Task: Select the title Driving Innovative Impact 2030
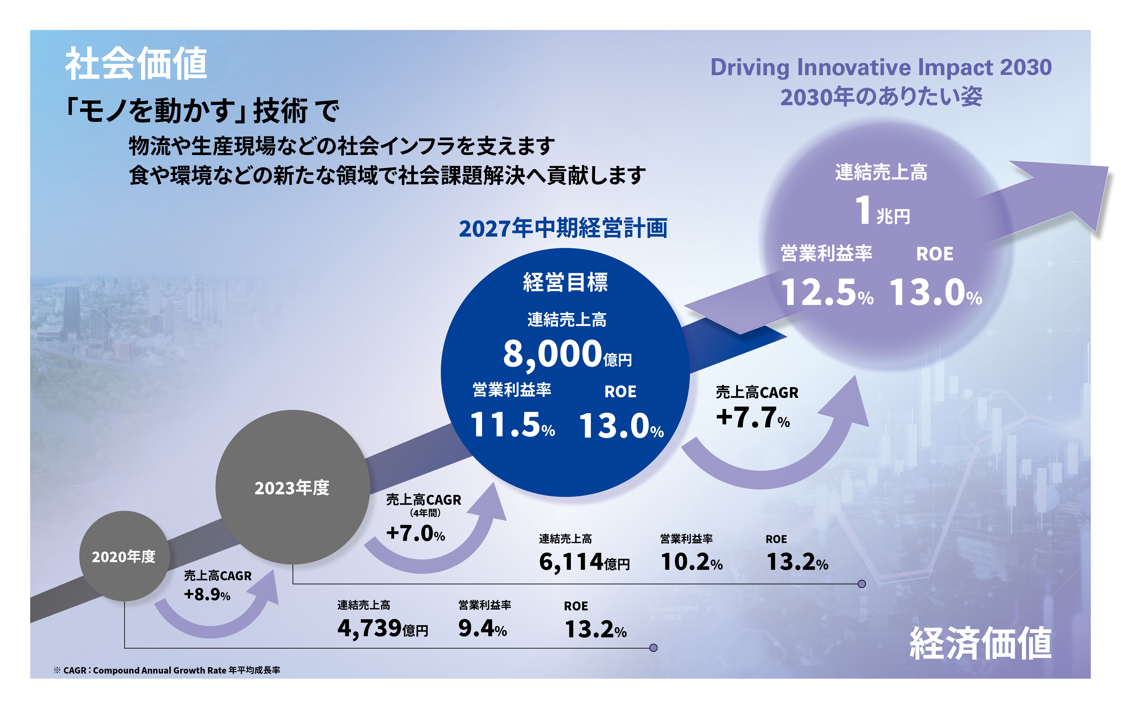881,68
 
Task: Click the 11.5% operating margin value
512,425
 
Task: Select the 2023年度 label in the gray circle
292,488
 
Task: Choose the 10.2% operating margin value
691,562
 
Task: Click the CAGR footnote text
167,670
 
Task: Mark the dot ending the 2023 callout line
862,584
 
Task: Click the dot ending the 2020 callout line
653,648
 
